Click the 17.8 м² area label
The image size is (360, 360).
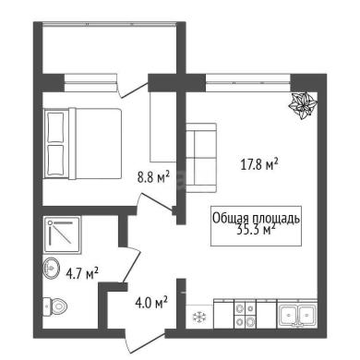259,164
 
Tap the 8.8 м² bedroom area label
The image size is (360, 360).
153,177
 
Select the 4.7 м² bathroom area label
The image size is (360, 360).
82,273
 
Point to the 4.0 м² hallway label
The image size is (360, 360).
151,303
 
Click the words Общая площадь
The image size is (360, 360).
256,218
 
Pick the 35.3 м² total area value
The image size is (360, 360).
256,229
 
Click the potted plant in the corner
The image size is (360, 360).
303,105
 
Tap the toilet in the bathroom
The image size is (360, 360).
54,306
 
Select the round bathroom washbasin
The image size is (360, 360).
52,269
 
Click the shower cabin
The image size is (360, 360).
63,235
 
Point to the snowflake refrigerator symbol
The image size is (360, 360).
198,317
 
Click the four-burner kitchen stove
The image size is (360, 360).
245,315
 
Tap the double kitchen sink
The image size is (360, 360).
297,315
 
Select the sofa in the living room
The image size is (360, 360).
201,158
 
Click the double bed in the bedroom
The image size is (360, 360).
82,143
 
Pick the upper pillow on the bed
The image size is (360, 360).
56,127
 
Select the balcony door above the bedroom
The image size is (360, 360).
133,90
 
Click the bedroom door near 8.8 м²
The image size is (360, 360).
156,202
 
